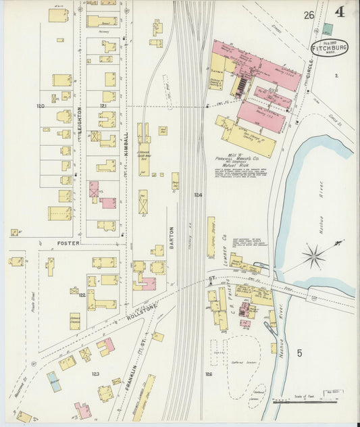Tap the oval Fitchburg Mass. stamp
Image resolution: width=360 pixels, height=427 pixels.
click(329, 47)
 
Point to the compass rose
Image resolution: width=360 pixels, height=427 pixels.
click(313, 256)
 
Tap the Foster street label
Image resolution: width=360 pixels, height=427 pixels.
click(68, 243)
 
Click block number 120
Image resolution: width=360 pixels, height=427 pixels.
click(41, 106)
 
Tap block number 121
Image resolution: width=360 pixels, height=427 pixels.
click(103, 106)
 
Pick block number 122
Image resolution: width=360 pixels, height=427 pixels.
click(82, 295)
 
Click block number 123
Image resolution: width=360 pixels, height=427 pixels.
click(95, 373)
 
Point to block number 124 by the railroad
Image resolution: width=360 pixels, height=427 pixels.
click(198, 195)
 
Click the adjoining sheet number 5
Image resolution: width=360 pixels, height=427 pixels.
click(299, 352)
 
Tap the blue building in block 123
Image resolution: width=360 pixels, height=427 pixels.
click(53, 382)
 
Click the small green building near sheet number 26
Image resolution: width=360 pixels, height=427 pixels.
click(328, 30)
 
